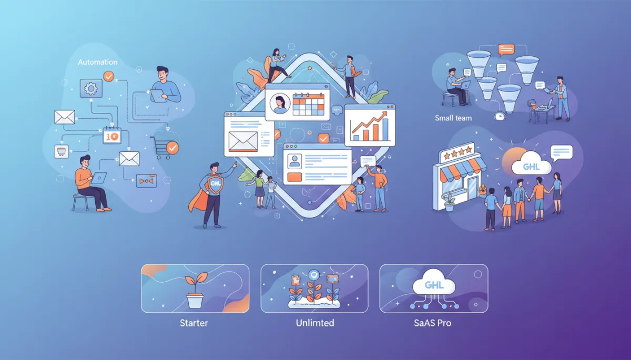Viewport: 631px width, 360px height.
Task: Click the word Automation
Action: point(97,62)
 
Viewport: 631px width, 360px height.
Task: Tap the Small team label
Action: point(453,118)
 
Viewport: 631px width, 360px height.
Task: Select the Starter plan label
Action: point(194,323)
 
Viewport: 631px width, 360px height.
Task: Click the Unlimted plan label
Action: point(315,323)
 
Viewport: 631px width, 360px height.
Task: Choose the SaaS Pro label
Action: point(433,323)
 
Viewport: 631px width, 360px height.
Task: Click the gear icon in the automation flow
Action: point(91,89)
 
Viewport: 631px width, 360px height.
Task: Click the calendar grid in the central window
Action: point(309,104)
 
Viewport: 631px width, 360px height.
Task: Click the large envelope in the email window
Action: point(243,141)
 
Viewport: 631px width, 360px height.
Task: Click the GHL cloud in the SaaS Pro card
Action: point(434,284)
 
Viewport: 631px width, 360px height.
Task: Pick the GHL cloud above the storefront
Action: point(531,165)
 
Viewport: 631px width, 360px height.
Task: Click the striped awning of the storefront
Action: point(462,168)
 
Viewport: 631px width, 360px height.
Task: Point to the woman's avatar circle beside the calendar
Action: point(280,104)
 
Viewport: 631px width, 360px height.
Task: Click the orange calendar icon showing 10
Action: point(112,136)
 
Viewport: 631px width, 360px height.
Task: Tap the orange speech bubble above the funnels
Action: point(506,50)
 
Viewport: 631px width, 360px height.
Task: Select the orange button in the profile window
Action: point(294,177)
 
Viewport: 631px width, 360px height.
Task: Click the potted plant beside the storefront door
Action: point(449,203)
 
